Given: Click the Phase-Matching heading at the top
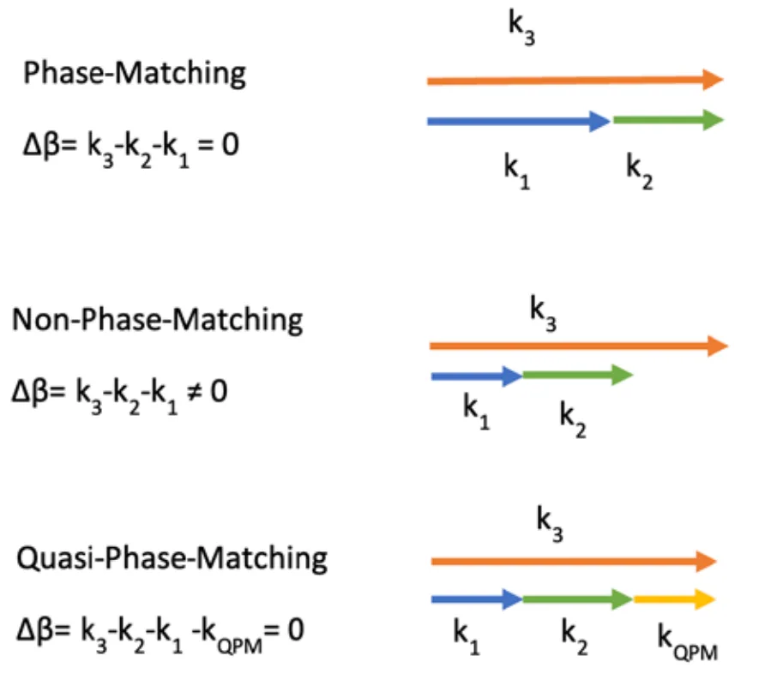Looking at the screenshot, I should click(135, 73).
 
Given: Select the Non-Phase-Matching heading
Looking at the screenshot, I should click(157, 320).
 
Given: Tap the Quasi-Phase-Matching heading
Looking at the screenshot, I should click(172, 558).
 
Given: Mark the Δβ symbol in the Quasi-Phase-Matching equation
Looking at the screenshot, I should click(35, 633).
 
